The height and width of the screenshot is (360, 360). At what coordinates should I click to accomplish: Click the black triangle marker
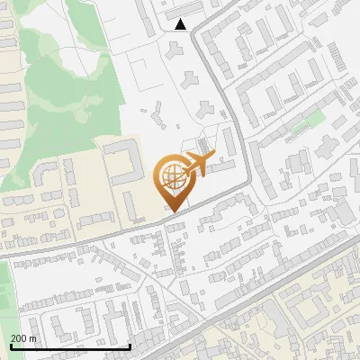point(181,24)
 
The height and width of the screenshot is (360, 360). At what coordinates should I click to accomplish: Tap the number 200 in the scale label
point(19,338)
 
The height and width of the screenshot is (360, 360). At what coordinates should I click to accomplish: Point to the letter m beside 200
point(34,338)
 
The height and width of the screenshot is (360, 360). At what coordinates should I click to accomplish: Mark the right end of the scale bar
point(130,346)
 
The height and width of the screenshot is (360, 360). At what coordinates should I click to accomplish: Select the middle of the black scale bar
point(70,347)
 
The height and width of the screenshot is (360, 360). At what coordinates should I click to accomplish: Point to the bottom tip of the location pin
point(170,211)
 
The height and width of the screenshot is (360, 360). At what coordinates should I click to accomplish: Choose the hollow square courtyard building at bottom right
point(310,310)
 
